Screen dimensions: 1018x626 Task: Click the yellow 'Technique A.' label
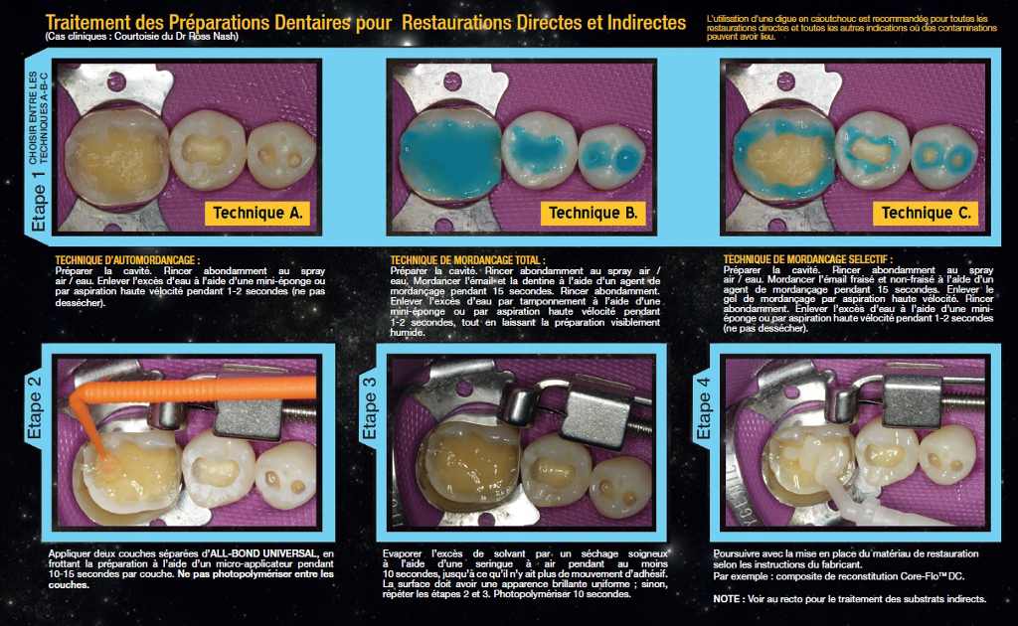point(257,213)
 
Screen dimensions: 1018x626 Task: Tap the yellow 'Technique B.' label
point(593,213)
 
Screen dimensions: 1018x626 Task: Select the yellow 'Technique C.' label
point(926,213)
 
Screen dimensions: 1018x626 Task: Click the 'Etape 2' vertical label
point(34,407)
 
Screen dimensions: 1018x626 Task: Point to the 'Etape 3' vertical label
point(369,407)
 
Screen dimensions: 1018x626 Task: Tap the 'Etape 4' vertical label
point(703,407)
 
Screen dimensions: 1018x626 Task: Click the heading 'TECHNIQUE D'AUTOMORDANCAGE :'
point(127,260)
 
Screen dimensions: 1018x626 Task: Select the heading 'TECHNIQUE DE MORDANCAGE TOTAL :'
point(467,260)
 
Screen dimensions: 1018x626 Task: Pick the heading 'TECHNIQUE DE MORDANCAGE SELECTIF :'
point(807,259)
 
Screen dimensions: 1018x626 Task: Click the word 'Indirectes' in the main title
point(646,23)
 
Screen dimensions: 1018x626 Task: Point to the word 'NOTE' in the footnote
point(727,599)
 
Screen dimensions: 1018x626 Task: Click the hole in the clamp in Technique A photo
point(116,81)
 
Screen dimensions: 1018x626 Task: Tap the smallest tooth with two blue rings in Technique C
point(943,157)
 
